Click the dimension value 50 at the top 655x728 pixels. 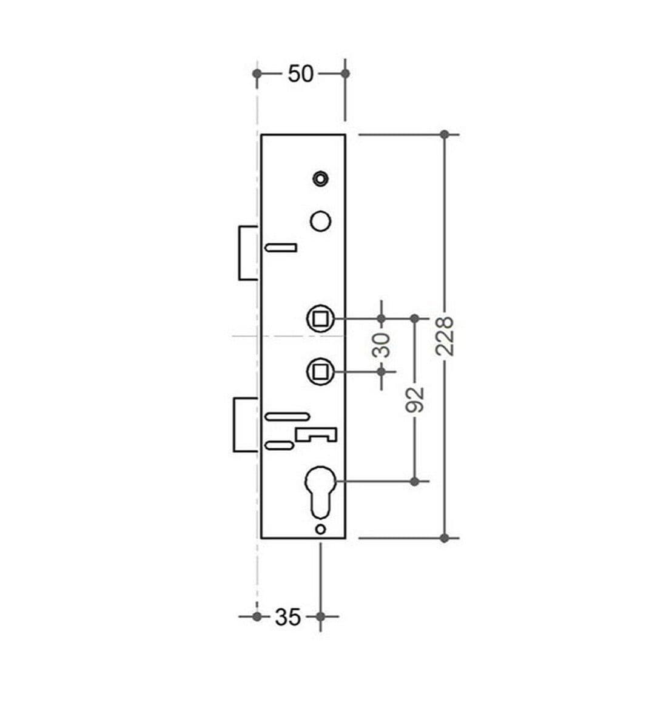pyautogui.click(x=300, y=74)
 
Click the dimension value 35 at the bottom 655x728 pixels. pyautogui.click(x=287, y=617)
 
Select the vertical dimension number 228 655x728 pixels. pyautogui.click(x=445, y=335)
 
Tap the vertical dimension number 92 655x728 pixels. pyautogui.click(x=414, y=399)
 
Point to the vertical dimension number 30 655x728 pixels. pyautogui.click(x=381, y=345)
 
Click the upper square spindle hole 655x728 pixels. pyautogui.click(x=320, y=318)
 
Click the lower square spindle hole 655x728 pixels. pyautogui.click(x=320, y=370)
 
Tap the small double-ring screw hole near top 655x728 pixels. pyautogui.click(x=320, y=178)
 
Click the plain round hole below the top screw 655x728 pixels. pyautogui.click(x=320, y=220)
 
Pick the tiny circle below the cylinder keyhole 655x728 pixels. pyautogui.click(x=321, y=529)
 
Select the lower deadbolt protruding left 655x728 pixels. pyautogui.click(x=246, y=425)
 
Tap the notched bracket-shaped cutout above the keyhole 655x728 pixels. pyautogui.click(x=316, y=433)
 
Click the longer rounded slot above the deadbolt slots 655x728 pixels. pyautogui.click(x=287, y=416)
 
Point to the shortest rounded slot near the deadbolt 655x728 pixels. pyautogui.click(x=280, y=446)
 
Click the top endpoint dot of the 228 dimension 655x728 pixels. pyautogui.click(x=445, y=134)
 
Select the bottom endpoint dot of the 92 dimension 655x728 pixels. pyautogui.click(x=415, y=481)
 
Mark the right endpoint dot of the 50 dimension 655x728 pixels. pyautogui.click(x=345, y=73)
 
